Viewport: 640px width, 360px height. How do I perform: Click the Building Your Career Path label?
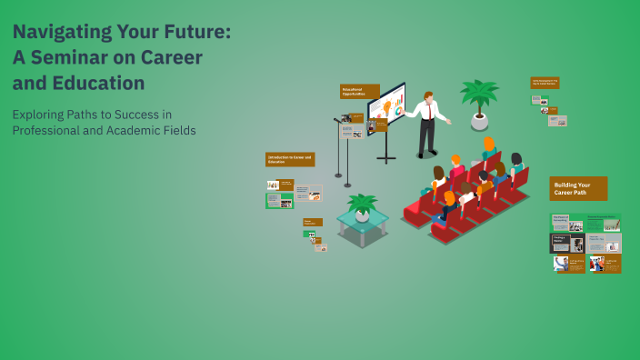tap(578, 188)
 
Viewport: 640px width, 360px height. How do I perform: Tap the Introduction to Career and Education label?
tap(290, 159)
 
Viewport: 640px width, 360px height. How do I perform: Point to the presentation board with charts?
tap(386, 105)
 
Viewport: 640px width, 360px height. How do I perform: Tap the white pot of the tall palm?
tap(479, 120)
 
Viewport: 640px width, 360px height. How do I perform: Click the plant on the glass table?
tap(362, 204)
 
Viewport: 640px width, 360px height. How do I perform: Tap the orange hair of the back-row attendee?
tap(488, 143)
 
